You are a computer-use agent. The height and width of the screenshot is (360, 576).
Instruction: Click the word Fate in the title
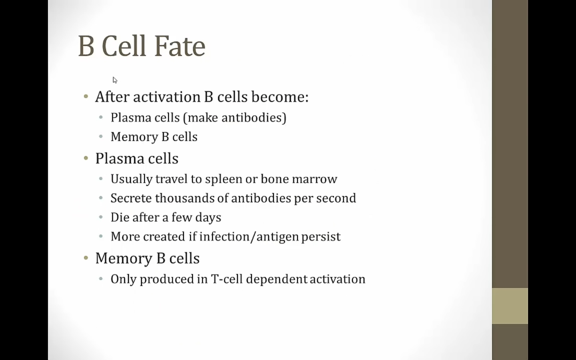(180, 46)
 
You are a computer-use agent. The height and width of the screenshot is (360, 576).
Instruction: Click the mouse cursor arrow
(115, 80)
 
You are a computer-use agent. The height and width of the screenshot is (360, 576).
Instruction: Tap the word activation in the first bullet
(167, 97)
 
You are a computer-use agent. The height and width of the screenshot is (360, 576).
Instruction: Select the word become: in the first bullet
(280, 97)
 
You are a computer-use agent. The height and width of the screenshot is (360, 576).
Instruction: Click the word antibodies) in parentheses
(254, 118)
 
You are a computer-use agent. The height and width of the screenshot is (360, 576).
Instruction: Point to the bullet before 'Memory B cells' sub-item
(101, 136)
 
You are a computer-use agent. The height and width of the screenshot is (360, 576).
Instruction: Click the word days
(208, 218)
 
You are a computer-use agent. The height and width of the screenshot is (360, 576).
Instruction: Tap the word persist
(321, 237)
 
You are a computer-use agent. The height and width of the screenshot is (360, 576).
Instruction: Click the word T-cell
(227, 279)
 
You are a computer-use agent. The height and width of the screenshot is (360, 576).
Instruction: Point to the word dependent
(277, 280)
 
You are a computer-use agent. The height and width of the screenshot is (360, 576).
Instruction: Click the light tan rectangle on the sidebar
(510, 306)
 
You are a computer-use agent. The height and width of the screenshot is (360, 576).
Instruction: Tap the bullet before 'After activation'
(86, 97)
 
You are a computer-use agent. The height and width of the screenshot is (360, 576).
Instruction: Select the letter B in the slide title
(86, 46)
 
